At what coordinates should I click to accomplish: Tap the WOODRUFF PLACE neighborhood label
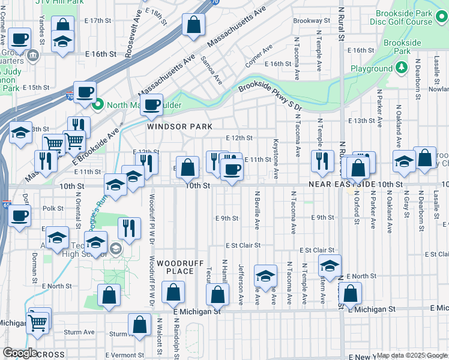[175, 267]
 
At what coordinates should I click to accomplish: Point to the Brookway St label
[312, 20]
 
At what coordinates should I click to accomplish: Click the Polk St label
[53, 208]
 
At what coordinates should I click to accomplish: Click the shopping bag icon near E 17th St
[193, 26]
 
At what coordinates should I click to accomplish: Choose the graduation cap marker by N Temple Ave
[329, 265]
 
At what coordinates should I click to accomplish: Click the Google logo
[20, 353]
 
